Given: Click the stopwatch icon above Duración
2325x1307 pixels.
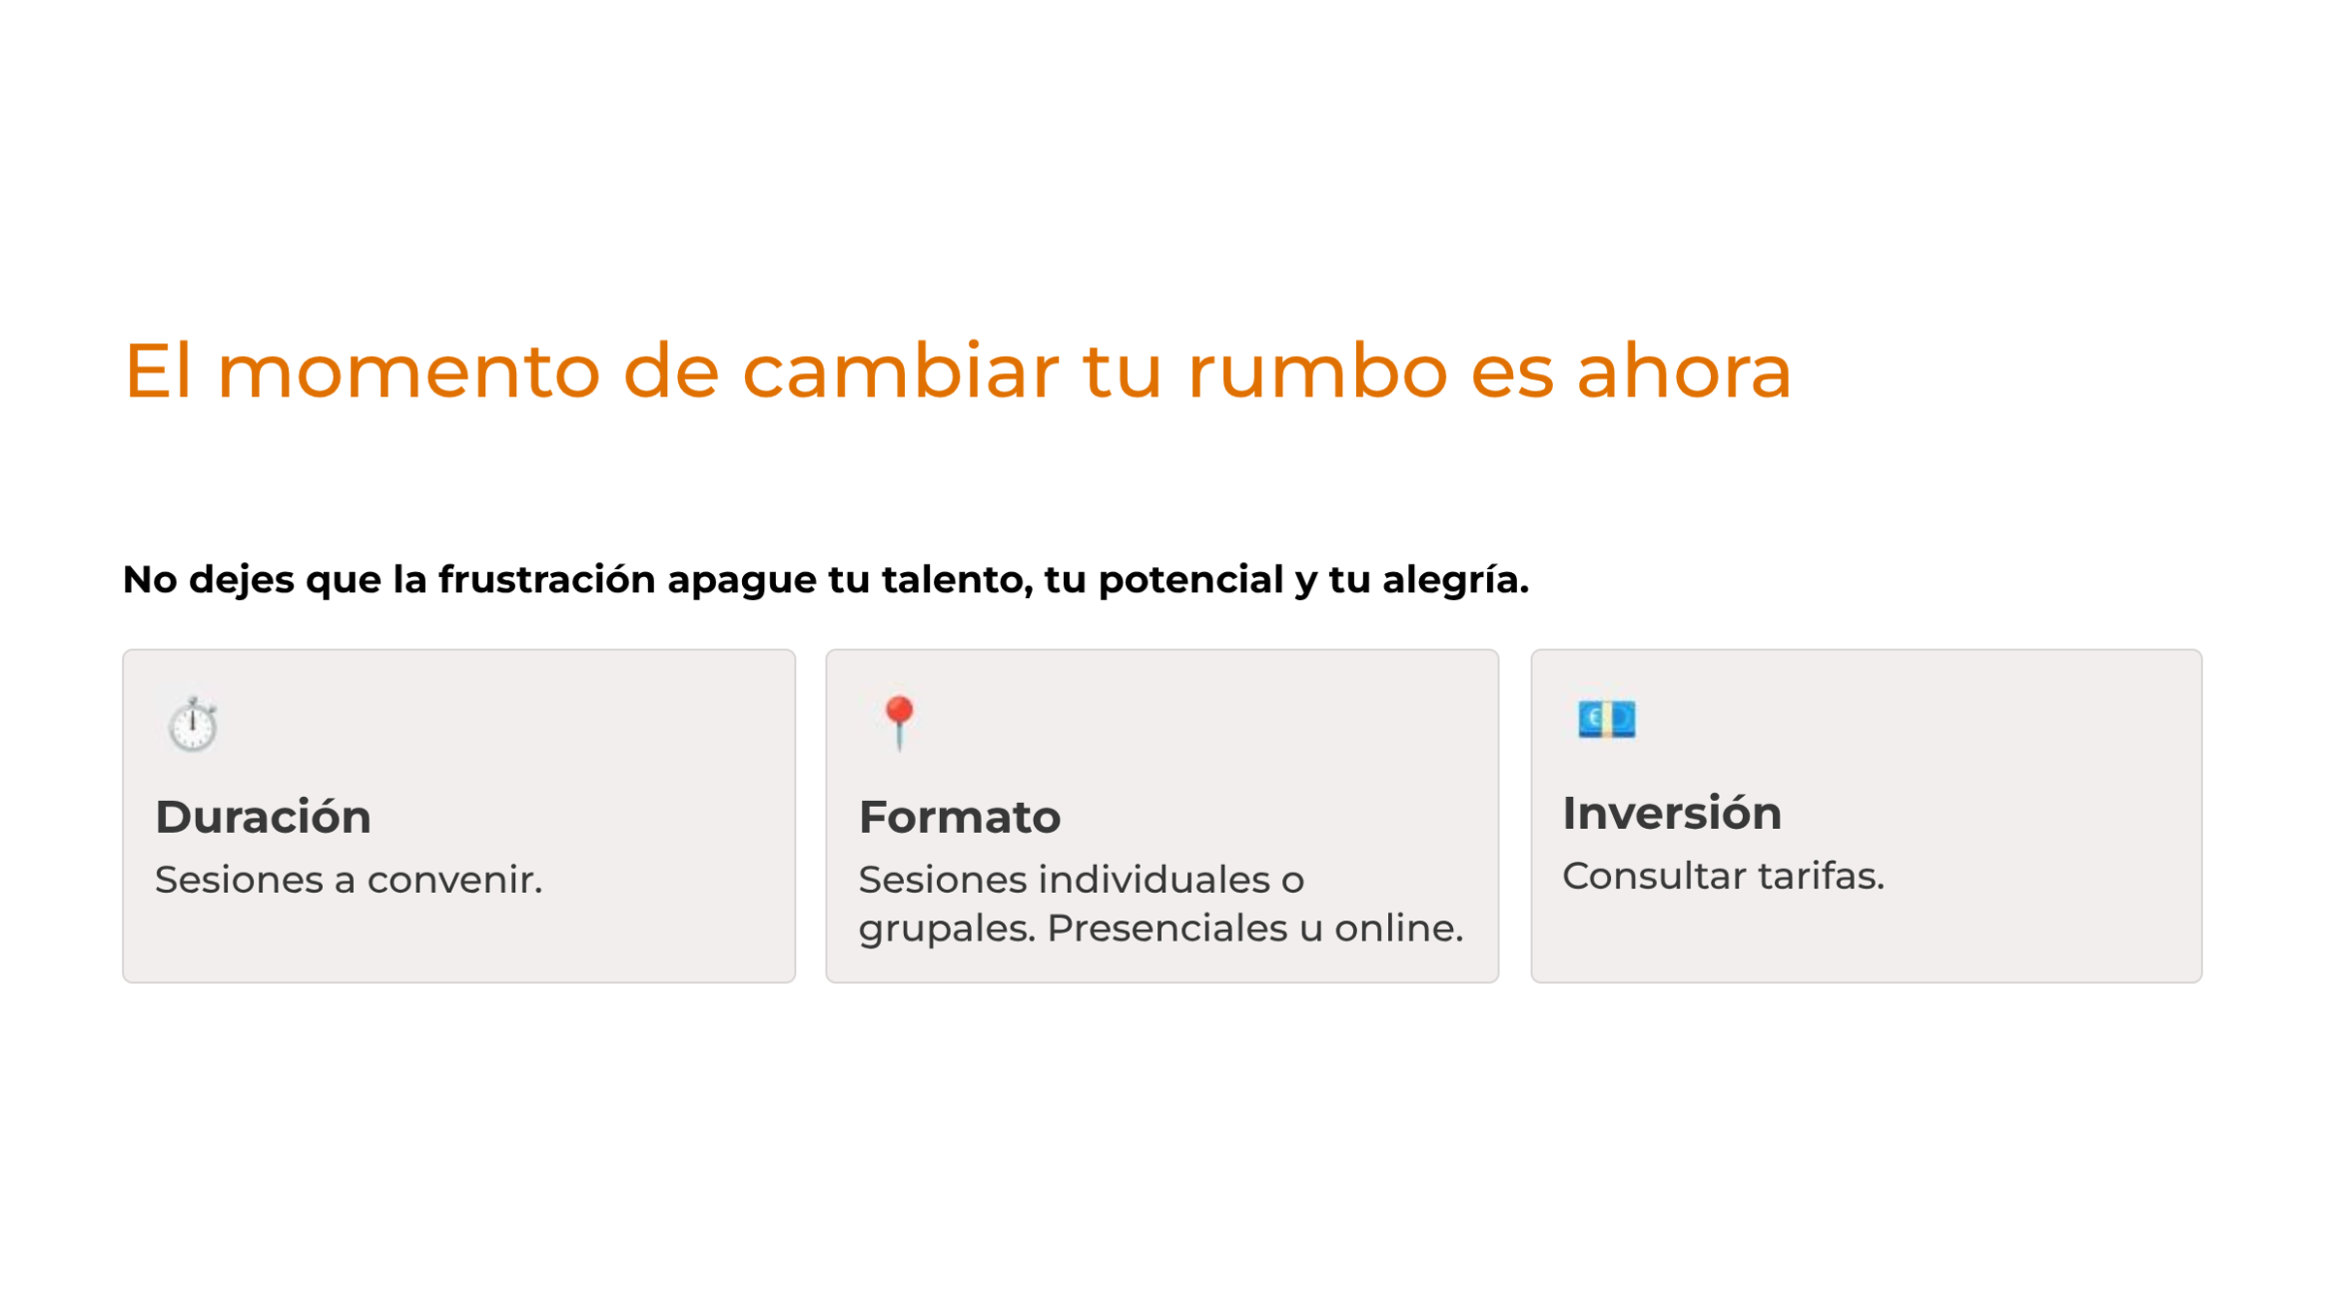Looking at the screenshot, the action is tap(193, 724).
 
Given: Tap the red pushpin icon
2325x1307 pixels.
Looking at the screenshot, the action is tap(899, 723).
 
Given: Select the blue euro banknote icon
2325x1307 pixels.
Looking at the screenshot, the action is tap(1606, 719).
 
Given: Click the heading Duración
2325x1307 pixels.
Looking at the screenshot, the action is tap(263, 817).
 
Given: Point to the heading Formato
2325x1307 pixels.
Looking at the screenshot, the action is tap(959, 817).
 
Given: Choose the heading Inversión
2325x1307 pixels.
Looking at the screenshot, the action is tap(1672, 813).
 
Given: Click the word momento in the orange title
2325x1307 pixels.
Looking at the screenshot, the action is tap(408, 371).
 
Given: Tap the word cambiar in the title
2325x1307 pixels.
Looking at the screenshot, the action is tap(901, 370).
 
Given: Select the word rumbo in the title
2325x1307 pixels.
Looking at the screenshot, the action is tap(1317, 370).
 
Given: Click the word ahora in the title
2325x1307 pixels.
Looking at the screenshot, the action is tap(1684, 370).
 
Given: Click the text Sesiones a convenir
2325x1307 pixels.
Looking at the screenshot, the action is tap(349, 880).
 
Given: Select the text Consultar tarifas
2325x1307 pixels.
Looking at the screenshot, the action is tap(1723, 876).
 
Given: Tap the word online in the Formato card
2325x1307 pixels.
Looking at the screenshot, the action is tap(1398, 928).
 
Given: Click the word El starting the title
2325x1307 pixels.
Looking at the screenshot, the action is tap(158, 370).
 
